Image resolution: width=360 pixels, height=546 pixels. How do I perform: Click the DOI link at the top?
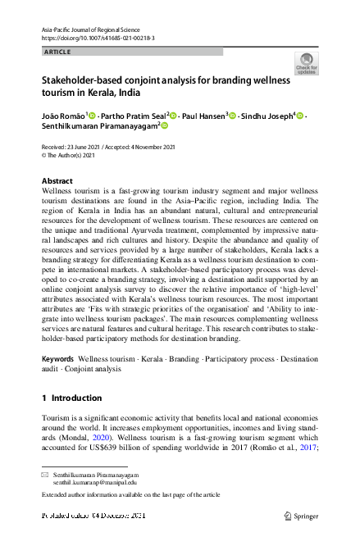click(98, 39)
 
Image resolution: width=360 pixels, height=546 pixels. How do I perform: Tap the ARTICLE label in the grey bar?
click(57, 52)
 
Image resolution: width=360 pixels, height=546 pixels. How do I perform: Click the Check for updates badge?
click(306, 64)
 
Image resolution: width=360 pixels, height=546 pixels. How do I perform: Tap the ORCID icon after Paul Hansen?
click(234, 116)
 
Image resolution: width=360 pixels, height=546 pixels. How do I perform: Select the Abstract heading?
click(57, 180)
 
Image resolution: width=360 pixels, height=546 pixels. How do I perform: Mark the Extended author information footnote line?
click(130, 495)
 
